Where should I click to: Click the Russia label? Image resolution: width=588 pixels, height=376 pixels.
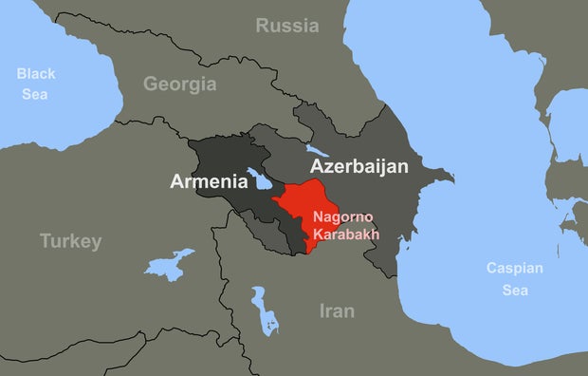[x=286, y=26]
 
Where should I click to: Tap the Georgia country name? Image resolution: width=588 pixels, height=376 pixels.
[x=179, y=84]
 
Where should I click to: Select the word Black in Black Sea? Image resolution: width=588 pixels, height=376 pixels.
[x=36, y=73]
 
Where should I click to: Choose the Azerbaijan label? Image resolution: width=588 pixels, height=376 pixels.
[x=359, y=166]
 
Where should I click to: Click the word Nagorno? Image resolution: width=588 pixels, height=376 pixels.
[x=343, y=217]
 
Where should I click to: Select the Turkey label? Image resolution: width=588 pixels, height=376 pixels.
[x=70, y=241]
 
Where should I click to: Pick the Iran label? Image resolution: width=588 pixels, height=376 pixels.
[x=336, y=310]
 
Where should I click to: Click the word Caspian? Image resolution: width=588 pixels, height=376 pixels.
[x=514, y=268]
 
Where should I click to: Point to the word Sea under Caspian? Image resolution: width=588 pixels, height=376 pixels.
[x=514, y=290]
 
